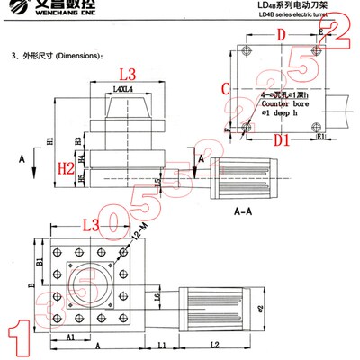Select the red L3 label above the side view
coord(127,74)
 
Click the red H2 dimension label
coord(65,168)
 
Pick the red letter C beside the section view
coord(227,88)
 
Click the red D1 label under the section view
coord(282,141)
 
